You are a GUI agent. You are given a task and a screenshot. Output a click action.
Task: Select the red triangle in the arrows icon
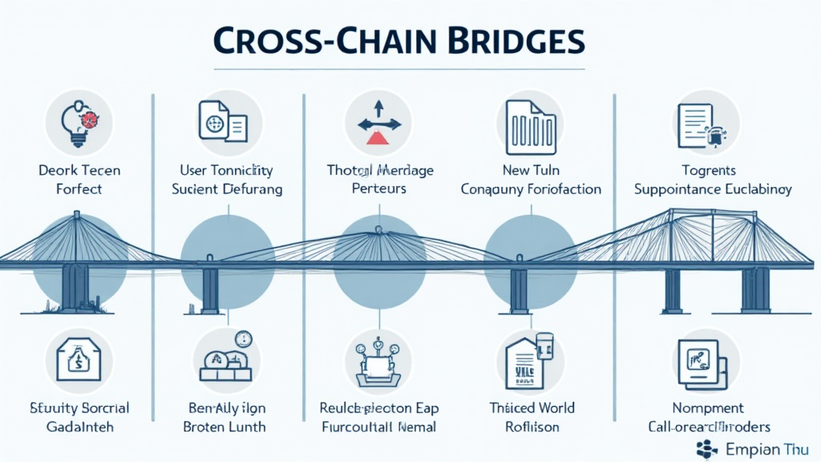coord(376,137)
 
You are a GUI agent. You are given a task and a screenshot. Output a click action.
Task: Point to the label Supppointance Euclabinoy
coord(713,189)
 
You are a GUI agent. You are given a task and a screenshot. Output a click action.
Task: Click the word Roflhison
coord(532,427)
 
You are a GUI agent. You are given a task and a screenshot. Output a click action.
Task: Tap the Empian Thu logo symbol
coord(708,448)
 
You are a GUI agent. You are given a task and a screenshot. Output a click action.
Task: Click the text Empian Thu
coord(766,448)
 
